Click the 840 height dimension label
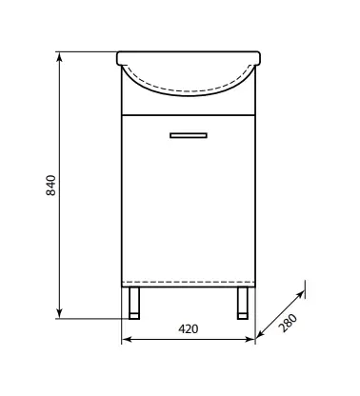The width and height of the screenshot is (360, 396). (51, 185)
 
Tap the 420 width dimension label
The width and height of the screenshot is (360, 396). (189, 329)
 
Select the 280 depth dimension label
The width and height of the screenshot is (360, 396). (289, 323)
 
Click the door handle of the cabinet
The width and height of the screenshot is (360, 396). (189, 135)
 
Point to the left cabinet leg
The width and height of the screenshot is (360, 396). (134, 303)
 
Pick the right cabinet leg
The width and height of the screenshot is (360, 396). (243, 303)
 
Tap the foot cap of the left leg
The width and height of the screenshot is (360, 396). (134, 316)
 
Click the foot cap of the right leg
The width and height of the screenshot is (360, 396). (243, 316)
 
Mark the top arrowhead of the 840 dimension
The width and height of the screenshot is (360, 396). (59, 57)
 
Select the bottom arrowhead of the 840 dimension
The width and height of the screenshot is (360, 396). (59, 313)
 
